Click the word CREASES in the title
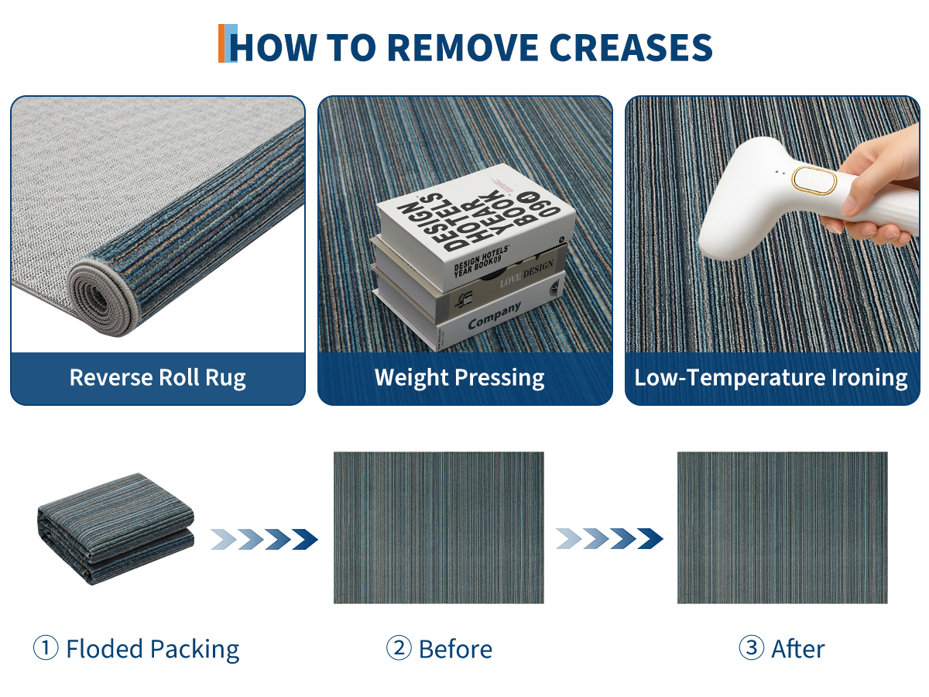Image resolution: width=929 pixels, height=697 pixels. [631, 47]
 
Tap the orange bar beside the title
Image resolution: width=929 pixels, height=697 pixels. [221, 43]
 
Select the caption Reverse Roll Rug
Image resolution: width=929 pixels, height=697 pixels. [157, 377]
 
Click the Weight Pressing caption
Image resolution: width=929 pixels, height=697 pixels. [459, 377]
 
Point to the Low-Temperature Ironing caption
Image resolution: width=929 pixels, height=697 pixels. [771, 377]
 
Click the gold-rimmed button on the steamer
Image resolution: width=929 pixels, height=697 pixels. [814, 180]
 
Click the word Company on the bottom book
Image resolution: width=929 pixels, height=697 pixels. [495, 315]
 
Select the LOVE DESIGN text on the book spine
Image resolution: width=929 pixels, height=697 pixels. [526, 273]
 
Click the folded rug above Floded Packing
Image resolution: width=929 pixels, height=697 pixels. [115, 529]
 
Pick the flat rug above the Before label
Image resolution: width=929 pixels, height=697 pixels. [438, 527]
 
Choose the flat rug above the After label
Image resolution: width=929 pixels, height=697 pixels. [782, 527]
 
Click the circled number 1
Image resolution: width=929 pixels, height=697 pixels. [46, 647]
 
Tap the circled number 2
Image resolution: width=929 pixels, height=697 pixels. [399, 647]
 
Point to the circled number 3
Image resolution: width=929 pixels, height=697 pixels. [751, 647]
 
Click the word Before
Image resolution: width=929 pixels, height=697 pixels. [455, 649]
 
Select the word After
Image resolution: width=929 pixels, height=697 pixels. [798, 649]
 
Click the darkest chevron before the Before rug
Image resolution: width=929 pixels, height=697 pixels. [305, 539]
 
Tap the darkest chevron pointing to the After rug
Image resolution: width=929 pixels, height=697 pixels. [650, 539]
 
